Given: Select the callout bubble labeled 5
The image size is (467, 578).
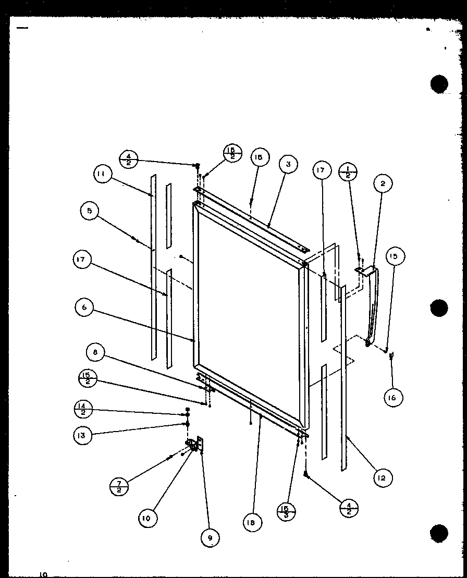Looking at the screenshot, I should point(90,211).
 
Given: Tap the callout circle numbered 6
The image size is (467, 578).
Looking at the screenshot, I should point(84,308).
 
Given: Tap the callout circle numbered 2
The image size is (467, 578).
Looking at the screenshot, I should point(383,183).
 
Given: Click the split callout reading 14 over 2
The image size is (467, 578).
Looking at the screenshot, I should point(84,411).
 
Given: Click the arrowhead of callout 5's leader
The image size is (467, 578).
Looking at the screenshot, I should point(137,241).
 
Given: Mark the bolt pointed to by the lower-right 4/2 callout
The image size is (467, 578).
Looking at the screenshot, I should point(306,475).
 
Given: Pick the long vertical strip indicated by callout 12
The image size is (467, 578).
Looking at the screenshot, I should point(343,375).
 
